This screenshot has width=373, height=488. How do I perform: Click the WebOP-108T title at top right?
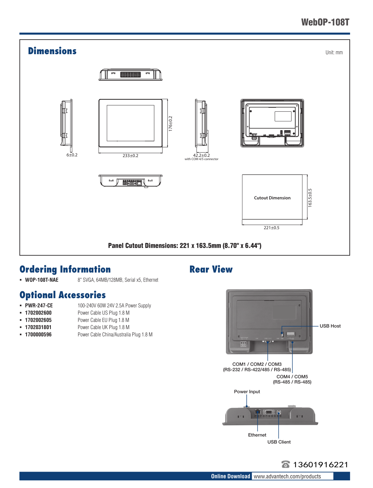point(325,23)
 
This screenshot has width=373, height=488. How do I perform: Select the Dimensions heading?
point(52,51)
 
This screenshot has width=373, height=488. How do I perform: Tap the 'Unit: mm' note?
point(334,53)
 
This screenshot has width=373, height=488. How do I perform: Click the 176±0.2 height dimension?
point(170,124)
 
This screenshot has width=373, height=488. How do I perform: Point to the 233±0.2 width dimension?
point(130,156)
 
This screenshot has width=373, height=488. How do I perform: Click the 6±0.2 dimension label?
point(72,155)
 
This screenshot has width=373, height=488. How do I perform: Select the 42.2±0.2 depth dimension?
point(201,155)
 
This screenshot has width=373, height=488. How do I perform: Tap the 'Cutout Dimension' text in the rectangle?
point(272,198)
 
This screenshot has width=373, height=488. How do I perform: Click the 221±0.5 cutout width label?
point(271,228)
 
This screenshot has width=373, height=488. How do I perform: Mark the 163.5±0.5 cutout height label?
point(310,198)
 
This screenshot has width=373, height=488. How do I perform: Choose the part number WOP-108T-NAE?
point(42,280)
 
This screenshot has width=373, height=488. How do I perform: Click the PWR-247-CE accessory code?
point(39,306)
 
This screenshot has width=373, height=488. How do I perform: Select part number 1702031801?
point(38,327)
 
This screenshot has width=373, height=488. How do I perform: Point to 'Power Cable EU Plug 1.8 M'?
point(104,320)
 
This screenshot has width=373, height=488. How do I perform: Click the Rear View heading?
point(211,269)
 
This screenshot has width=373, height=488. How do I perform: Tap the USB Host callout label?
point(330,326)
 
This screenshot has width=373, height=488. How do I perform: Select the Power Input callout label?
point(247,392)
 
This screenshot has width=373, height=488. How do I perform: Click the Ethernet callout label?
point(257,435)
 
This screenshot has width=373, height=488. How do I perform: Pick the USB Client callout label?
point(279,442)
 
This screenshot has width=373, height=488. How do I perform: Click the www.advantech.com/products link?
point(287,476)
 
